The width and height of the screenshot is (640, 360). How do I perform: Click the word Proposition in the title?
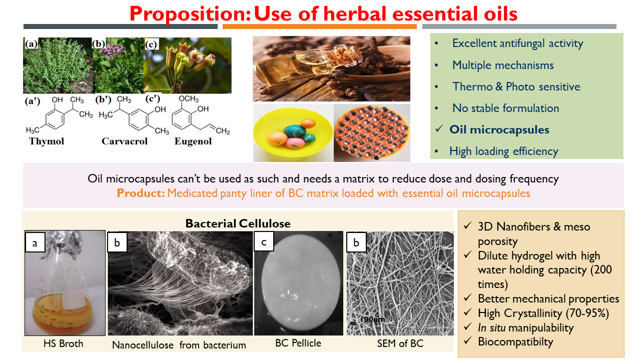point(190,14)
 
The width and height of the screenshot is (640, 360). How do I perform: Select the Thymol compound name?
point(46,141)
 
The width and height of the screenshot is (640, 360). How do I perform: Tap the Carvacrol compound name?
point(125,141)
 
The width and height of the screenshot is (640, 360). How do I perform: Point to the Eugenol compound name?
point(193,141)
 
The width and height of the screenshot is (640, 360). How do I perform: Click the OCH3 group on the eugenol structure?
point(189,99)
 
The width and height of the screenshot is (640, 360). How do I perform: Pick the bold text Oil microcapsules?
point(499,129)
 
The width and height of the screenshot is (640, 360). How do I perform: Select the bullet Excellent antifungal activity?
point(518,43)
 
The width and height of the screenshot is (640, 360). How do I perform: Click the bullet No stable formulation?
point(506,108)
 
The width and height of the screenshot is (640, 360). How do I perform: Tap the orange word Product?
point(141,193)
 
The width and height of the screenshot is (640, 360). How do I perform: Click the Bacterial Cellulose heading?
point(238,223)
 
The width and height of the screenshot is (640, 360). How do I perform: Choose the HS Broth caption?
point(64,343)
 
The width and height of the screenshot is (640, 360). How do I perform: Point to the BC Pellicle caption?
point(298,343)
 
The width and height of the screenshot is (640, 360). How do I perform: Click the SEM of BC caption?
point(400,343)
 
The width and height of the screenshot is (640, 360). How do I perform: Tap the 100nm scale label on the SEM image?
point(372,319)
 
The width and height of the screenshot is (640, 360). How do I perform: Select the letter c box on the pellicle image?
point(264,241)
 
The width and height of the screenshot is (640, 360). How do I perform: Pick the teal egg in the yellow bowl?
point(295,131)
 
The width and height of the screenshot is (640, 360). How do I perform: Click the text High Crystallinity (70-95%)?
point(543,313)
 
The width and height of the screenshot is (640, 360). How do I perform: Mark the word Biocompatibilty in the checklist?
point(516,341)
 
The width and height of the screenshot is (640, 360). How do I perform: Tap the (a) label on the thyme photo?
point(31,44)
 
